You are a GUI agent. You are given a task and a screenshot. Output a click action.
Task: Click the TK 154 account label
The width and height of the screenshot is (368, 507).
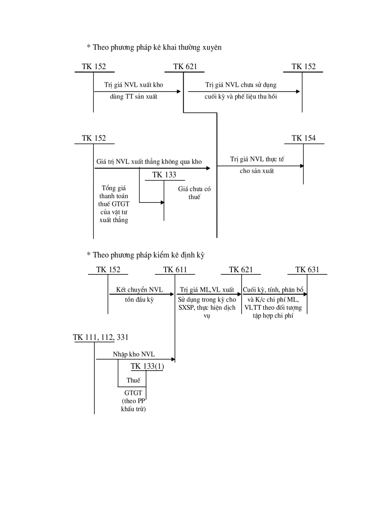point(304,138)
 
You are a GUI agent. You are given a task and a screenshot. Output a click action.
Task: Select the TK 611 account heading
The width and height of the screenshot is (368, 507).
point(175,270)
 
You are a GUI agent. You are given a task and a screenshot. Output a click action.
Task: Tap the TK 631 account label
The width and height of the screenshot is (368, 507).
point(307,270)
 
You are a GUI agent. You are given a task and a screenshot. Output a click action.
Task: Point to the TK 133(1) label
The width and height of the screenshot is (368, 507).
point(147,366)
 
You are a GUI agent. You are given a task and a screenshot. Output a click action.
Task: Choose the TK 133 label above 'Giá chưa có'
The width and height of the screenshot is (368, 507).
point(164,175)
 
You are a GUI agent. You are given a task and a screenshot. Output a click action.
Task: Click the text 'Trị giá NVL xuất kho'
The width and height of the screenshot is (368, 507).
point(133,85)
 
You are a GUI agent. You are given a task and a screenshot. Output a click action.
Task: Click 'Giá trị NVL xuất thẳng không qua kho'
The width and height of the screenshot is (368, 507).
point(149,161)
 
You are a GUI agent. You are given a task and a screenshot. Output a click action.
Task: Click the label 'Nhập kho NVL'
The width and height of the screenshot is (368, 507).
point(134,354)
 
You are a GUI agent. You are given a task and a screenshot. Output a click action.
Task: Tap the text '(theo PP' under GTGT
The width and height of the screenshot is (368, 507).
point(133,401)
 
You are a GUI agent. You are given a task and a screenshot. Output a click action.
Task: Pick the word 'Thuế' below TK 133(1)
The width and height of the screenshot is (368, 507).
point(133,380)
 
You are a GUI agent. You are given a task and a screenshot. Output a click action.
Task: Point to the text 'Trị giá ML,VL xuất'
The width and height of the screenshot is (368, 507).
point(207,289)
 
